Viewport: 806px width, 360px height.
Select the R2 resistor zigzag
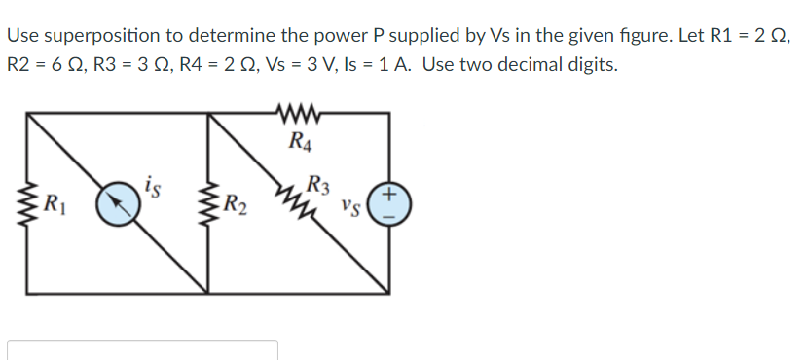pos(208,202)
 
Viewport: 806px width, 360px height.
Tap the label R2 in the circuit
pos(235,204)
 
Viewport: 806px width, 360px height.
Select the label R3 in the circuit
pos(317,181)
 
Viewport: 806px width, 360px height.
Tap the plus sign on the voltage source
pos(389,195)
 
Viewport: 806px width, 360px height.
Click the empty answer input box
pos(143,350)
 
